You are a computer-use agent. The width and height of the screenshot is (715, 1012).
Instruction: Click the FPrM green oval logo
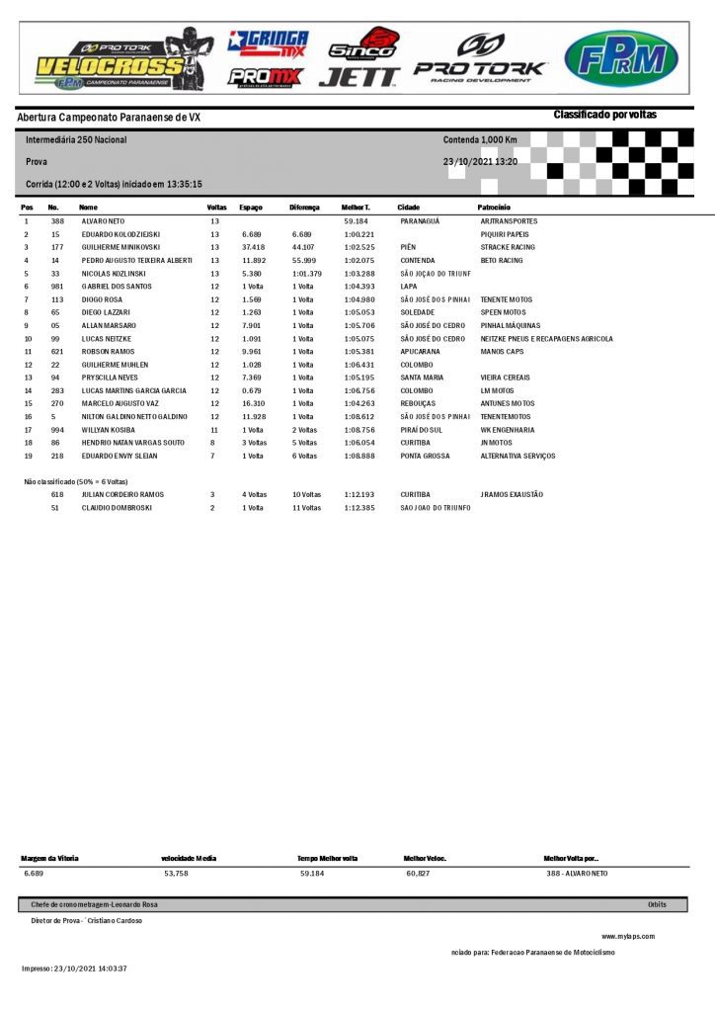click(x=620, y=59)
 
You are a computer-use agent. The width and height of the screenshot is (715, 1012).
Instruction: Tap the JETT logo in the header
click(x=358, y=76)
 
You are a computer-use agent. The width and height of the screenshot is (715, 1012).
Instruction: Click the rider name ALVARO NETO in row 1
click(x=103, y=221)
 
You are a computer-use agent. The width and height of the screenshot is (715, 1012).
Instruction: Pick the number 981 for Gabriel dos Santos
click(x=56, y=287)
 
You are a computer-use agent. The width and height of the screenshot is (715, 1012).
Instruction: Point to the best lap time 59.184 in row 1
click(x=356, y=221)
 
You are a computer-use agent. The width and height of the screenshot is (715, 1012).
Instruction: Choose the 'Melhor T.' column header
click(x=356, y=208)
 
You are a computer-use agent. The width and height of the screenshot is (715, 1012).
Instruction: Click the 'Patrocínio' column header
click(x=493, y=208)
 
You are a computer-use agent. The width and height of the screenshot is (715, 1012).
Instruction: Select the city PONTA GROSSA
click(x=424, y=456)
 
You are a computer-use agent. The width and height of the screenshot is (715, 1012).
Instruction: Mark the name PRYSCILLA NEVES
click(x=111, y=378)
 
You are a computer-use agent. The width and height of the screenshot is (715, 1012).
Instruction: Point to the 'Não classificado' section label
click(x=74, y=481)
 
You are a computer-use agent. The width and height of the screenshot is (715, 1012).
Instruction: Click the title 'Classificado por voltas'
click(x=604, y=116)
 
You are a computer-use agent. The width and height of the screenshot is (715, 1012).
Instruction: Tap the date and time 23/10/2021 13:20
click(x=480, y=161)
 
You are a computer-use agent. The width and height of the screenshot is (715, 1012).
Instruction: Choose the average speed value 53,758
click(x=176, y=874)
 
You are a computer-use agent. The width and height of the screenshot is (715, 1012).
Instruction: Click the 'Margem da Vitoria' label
click(x=49, y=858)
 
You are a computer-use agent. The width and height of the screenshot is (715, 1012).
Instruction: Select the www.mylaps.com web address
click(x=628, y=936)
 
